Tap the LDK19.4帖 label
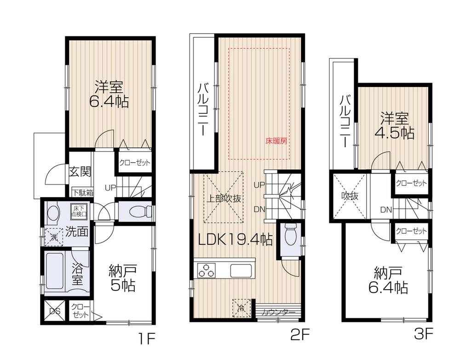[x=235, y=239]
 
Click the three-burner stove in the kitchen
[x=206, y=270]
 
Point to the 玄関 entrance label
[x=80, y=172]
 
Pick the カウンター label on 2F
[x=278, y=313]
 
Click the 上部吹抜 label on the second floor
[x=224, y=199]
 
